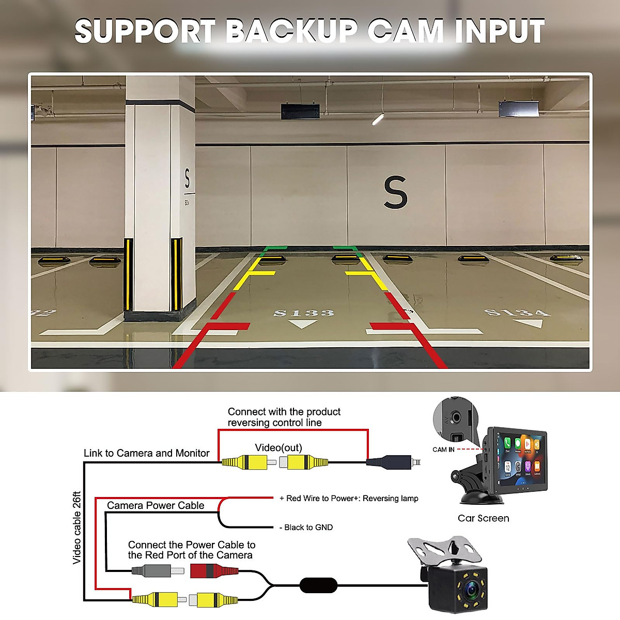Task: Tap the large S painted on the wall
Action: [x=395, y=192]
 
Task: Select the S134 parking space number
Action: [x=517, y=312]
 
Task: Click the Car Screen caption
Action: [x=483, y=518]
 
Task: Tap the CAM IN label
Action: [x=443, y=450]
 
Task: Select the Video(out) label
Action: [x=278, y=447]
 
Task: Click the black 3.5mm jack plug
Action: [x=393, y=461]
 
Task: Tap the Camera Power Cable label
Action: [x=156, y=505]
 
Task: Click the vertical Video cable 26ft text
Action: [x=77, y=527]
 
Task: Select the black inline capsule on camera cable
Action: [x=318, y=585]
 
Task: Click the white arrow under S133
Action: [x=303, y=324]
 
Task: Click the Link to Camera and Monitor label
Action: [x=147, y=453]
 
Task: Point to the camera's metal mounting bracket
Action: [x=444, y=549]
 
